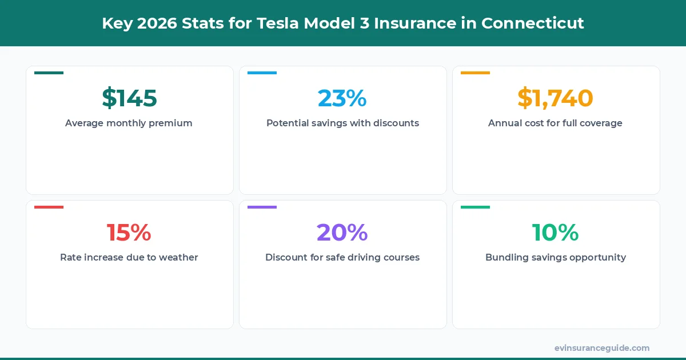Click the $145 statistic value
pyautogui.click(x=129, y=98)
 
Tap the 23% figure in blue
pyautogui.click(x=342, y=98)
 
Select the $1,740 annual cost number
pyautogui.click(x=555, y=98)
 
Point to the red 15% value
pyautogui.click(x=129, y=233)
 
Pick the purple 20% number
pyautogui.click(x=342, y=233)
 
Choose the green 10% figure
pyautogui.click(x=555, y=233)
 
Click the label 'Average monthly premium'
pyautogui.click(x=129, y=123)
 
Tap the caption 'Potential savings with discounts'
pyautogui.click(x=342, y=123)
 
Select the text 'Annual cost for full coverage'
pyautogui.click(x=555, y=123)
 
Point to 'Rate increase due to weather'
pyautogui.click(x=129, y=258)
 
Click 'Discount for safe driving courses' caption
pyautogui.click(x=342, y=258)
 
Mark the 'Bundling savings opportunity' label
pyautogui.click(x=555, y=258)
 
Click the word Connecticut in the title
pyautogui.click(x=532, y=23)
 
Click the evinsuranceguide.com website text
pyautogui.click(x=602, y=348)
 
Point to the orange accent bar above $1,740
pyautogui.click(x=475, y=73)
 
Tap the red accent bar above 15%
pyautogui.click(x=49, y=207)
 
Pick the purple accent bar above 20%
pyautogui.click(x=262, y=207)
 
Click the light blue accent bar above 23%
pyautogui.click(x=262, y=73)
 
